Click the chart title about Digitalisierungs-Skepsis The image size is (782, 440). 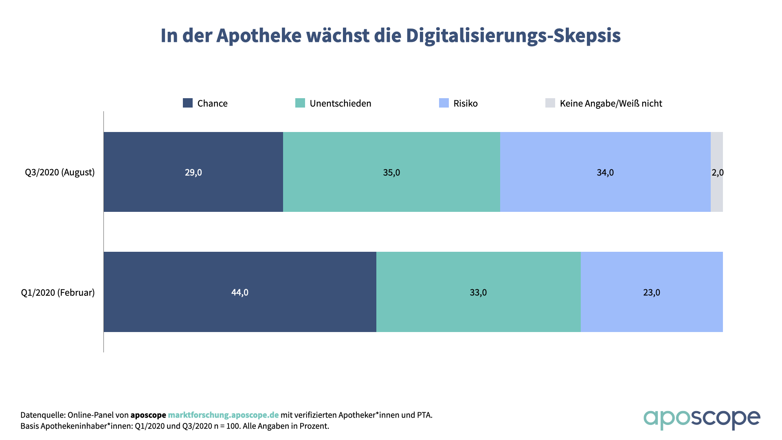pos(390,35)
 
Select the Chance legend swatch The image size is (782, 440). pos(188,103)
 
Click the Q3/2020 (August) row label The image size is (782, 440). pos(60,172)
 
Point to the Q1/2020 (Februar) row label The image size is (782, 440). pos(58,293)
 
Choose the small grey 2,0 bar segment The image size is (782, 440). pos(717,191)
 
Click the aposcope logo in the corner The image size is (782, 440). pos(701,419)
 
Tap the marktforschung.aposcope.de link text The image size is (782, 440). pos(223,415)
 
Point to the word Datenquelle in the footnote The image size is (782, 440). pos(42,415)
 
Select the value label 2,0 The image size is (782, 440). pos(718,173)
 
